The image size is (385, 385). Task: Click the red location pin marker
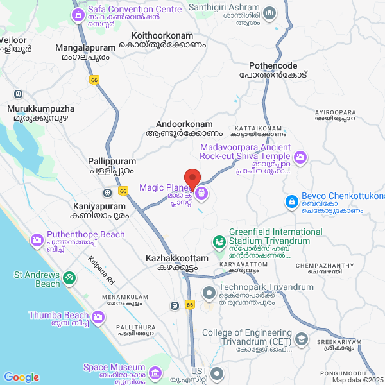tap(193, 178)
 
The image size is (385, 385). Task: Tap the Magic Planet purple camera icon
tap(201, 191)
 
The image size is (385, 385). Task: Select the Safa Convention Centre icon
tap(78, 14)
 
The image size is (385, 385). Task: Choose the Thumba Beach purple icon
tap(98, 316)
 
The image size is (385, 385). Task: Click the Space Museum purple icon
tap(155, 373)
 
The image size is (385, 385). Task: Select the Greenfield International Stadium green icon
tap(219, 243)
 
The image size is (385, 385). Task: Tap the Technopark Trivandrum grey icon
tap(209, 293)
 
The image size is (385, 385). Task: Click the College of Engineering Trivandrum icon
tap(302, 338)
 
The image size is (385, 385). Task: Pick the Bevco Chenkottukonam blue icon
tap(292, 202)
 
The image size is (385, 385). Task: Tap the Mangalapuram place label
tap(85, 47)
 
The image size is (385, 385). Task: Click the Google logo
tap(21, 377)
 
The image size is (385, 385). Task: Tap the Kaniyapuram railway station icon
tap(107, 193)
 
